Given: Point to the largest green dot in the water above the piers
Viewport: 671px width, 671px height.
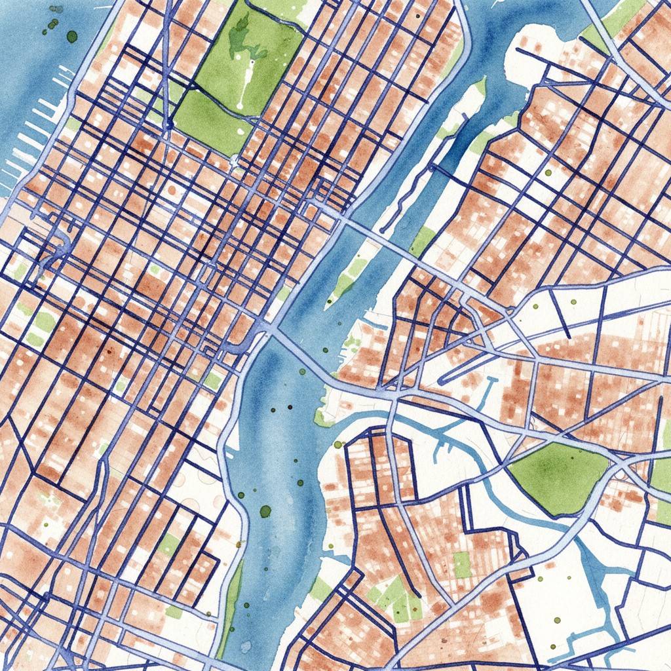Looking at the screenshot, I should coord(71,36).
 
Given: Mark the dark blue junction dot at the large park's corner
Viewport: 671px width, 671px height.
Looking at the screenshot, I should coord(169,123).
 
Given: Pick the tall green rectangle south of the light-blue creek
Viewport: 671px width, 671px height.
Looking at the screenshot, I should coord(463,564).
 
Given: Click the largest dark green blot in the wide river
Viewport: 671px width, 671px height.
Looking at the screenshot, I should coord(265,511).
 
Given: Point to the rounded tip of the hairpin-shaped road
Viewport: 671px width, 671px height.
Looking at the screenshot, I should coord(440,379).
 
